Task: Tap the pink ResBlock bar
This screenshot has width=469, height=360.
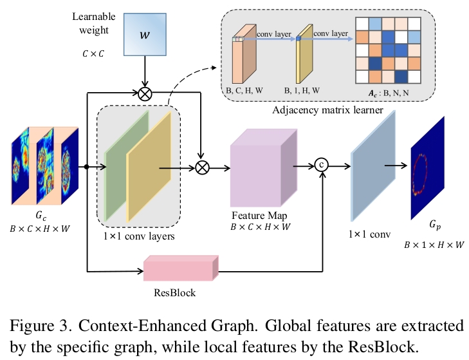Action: pyautogui.click(x=181, y=269)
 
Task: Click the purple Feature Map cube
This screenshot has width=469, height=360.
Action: pyautogui.click(x=262, y=167)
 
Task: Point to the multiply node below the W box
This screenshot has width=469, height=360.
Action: pyautogui.click(x=147, y=94)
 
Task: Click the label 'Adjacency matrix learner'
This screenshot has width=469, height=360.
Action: pyautogui.click(x=328, y=111)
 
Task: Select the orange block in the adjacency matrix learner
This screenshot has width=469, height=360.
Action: pyautogui.click(x=245, y=58)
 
